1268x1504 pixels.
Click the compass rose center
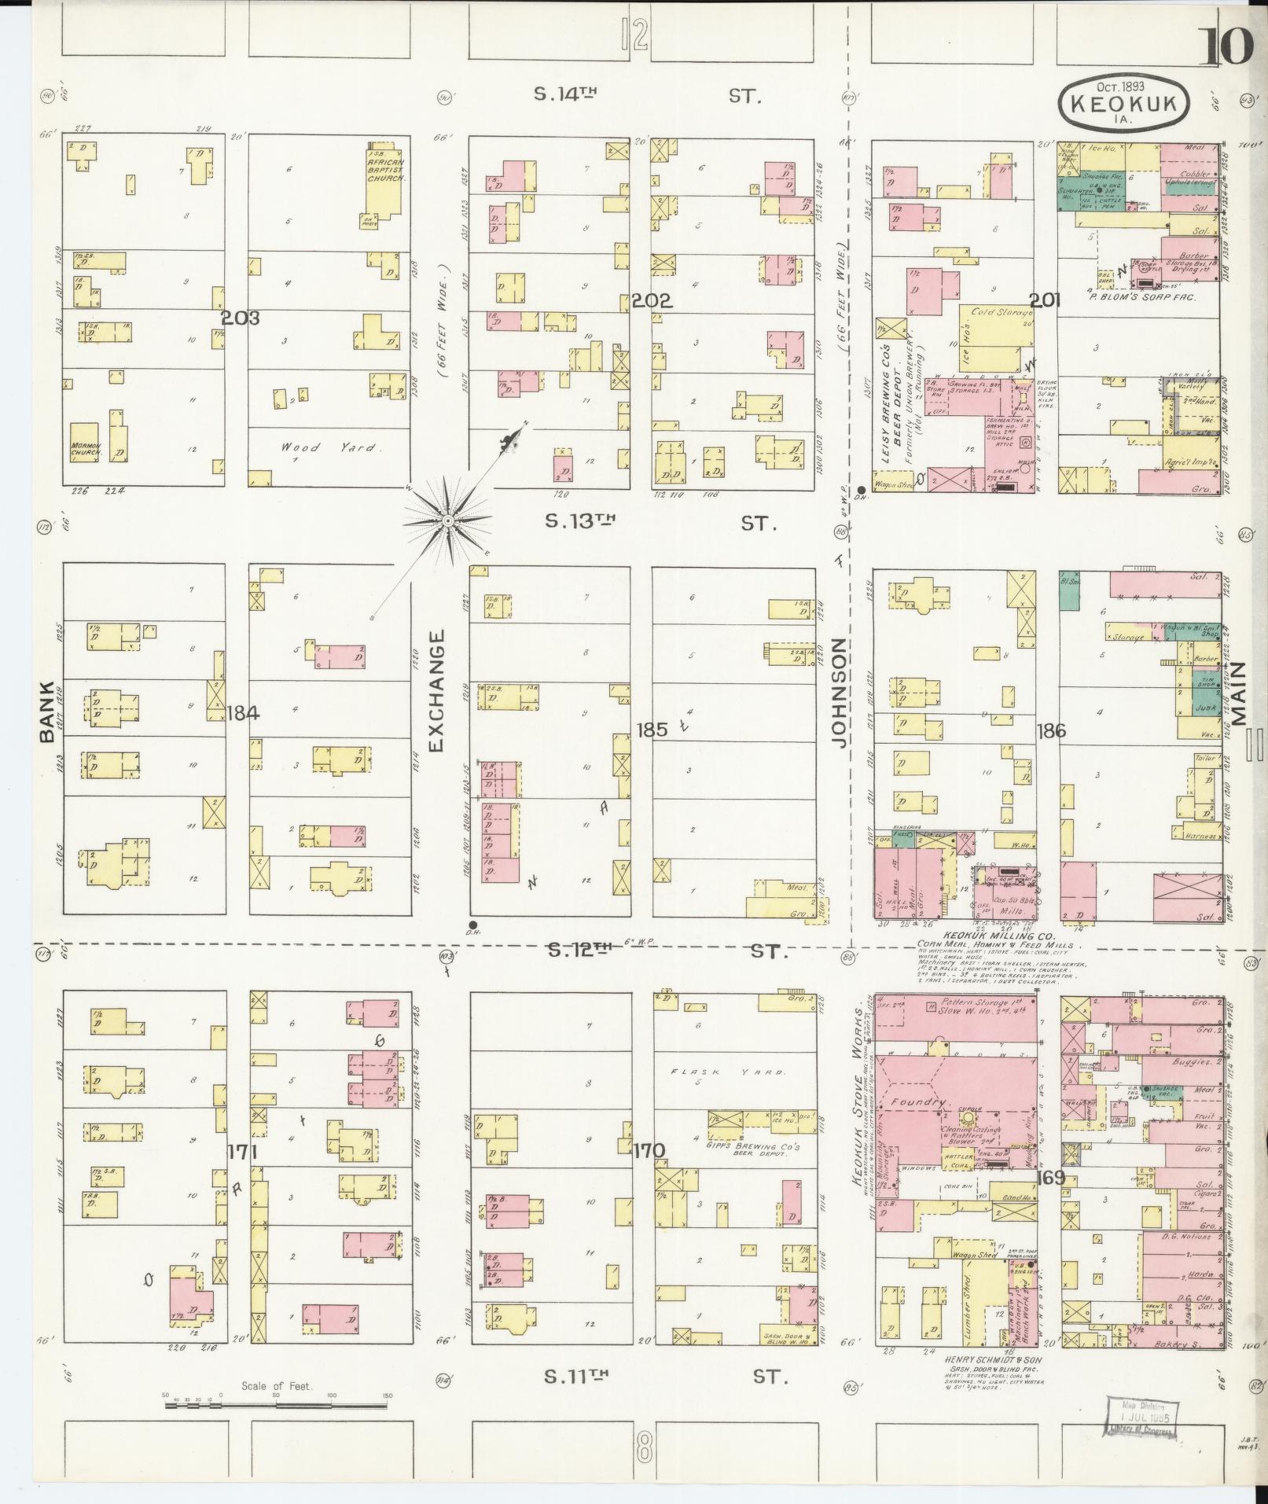(447, 521)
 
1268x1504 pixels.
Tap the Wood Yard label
(330, 448)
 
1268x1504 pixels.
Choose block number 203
(240, 318)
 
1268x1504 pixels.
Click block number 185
(652, 730)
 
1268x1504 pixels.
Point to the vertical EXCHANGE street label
(437, 689)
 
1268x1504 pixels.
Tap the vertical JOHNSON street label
(840, 692)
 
